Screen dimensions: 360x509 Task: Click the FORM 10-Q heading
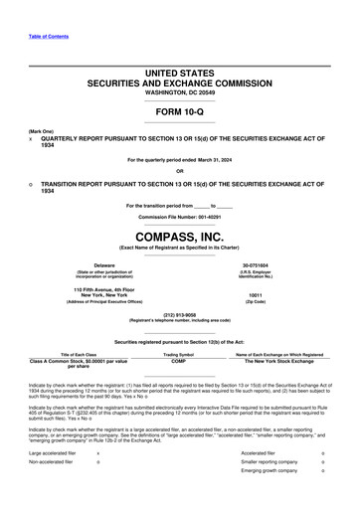[179, 110]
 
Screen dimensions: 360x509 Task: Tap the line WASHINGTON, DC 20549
[179, 92]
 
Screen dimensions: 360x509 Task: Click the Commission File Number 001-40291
[179, 216]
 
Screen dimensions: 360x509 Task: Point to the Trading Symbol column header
[178, 354]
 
